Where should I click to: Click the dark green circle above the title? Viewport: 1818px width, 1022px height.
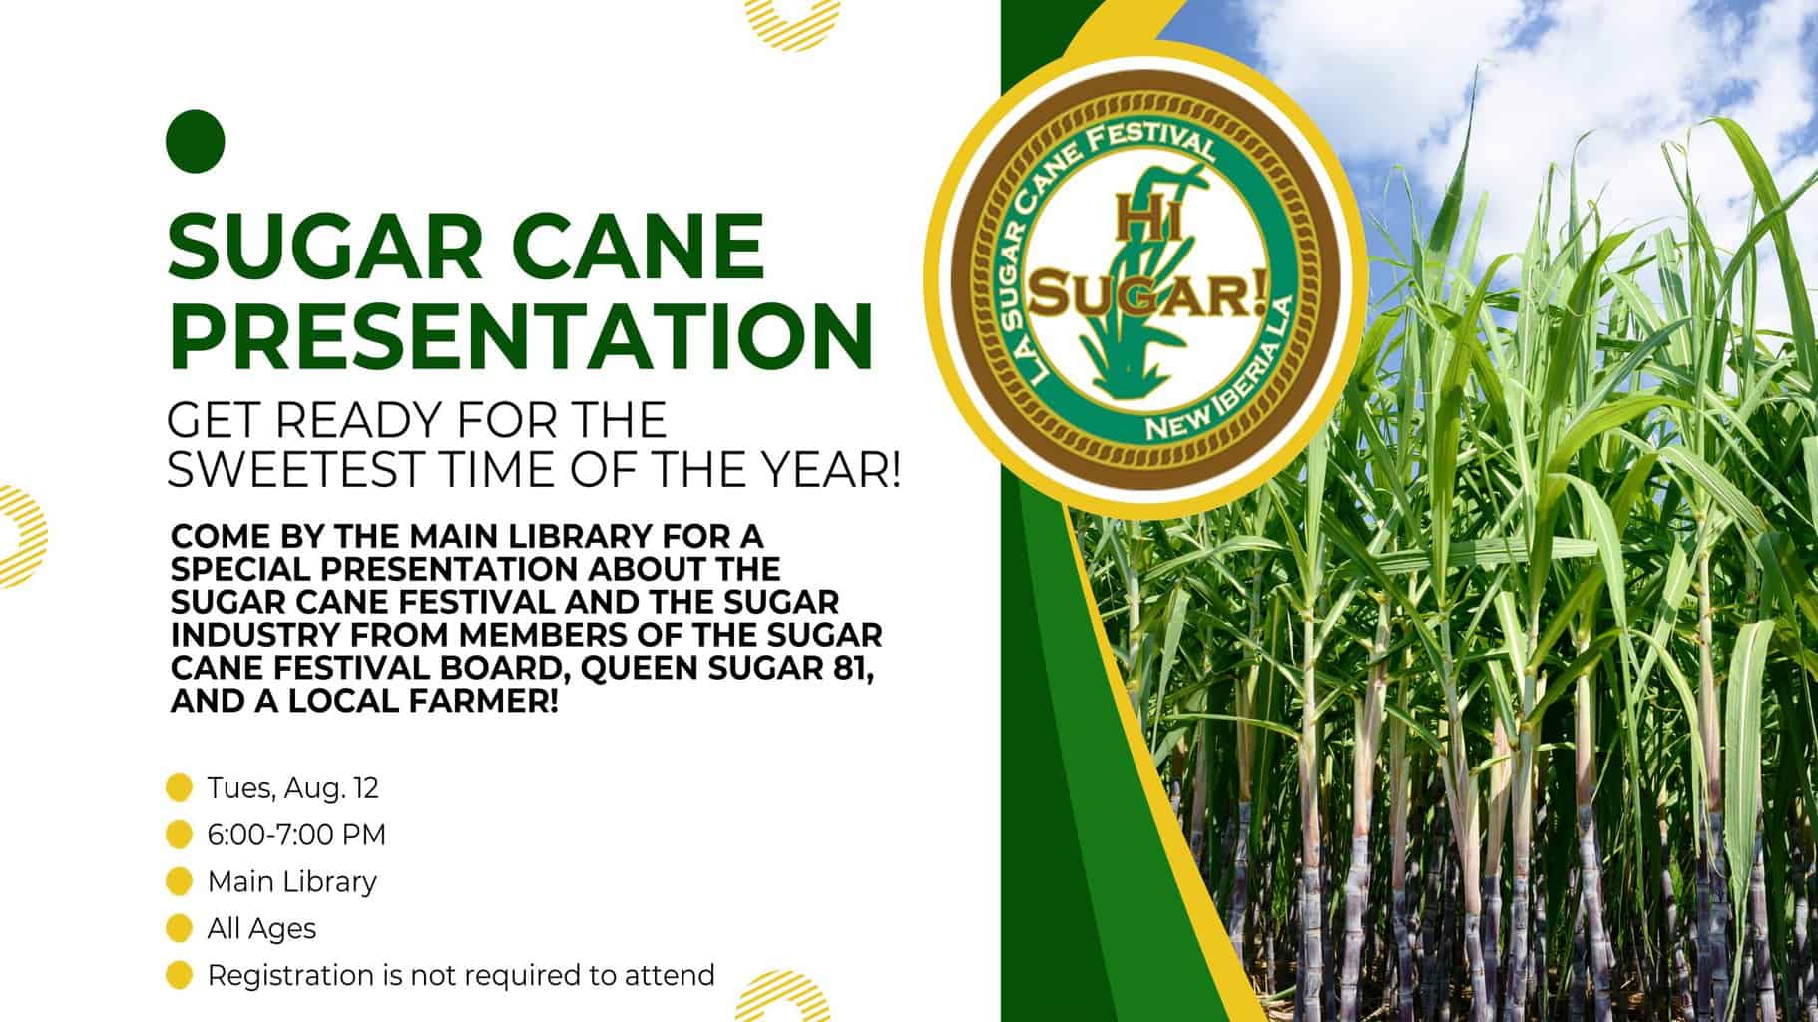(195, 140)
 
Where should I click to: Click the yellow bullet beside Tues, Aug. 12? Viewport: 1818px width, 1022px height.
(179, 788)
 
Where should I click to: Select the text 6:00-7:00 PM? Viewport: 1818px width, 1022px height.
(296, 834)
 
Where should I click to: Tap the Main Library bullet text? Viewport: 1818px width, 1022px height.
(292, 881)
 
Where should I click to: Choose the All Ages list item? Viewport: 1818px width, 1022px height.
(261, 928)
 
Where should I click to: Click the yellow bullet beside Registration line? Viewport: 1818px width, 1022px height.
(179, 975)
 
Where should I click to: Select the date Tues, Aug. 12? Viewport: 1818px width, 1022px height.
(293, 788)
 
